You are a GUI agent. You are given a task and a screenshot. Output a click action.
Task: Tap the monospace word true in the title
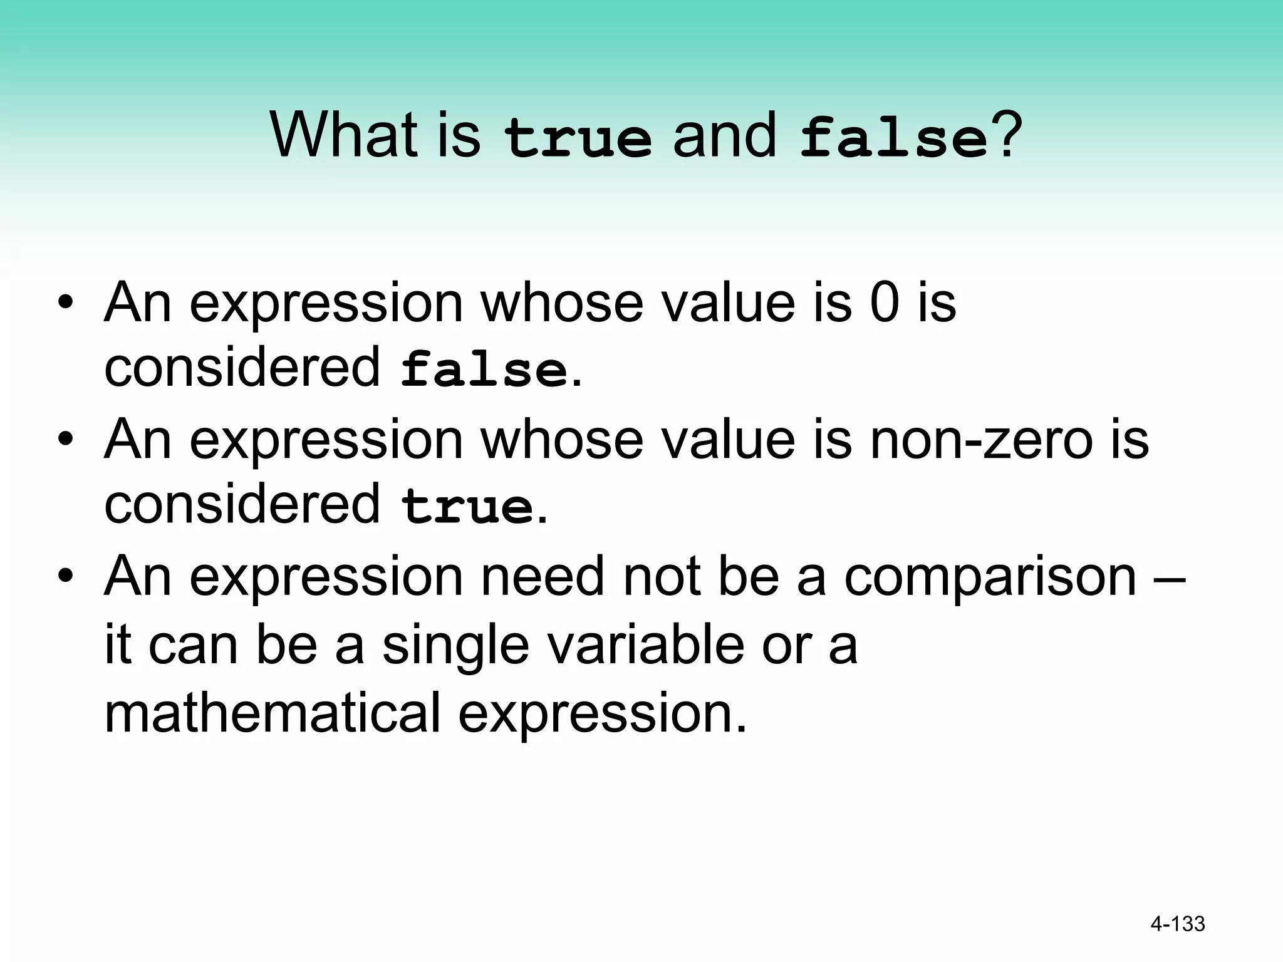pyautogui.click(x=578, y=138)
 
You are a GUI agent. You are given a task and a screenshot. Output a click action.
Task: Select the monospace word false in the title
pyautogui.click(x=894, y=138)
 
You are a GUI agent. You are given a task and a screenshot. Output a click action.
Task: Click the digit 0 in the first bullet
pyautogui.click(x=885, y=303)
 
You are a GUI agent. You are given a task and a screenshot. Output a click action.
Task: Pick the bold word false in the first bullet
pyautogui.click(x=484, y=370)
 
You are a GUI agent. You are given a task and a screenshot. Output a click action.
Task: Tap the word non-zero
pyautogui.click(x=982, y=439)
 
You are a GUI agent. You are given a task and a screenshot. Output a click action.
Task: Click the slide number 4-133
pyautogui.click(x=1178, y=924)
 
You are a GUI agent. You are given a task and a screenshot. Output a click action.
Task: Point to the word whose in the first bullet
pyautogui.click(x=562, y=303)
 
